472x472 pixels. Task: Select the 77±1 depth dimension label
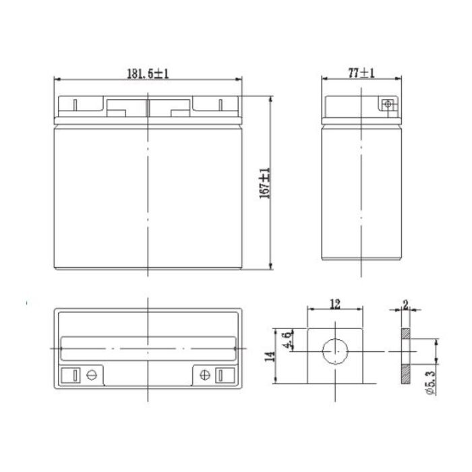click(361, 73)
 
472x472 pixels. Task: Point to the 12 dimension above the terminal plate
click(334, 304)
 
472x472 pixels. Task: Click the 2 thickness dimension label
click(405, 304)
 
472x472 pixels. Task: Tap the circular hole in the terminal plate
click(334, 351)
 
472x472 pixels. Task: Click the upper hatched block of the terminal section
click(405, 334)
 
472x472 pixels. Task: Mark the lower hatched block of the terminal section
click(405, 374)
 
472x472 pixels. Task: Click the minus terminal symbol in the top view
click(92, 375)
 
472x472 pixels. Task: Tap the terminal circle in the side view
click(387, 105)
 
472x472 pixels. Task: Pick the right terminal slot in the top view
click(220, 375)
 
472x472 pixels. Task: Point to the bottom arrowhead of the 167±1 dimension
click(271, 268)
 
